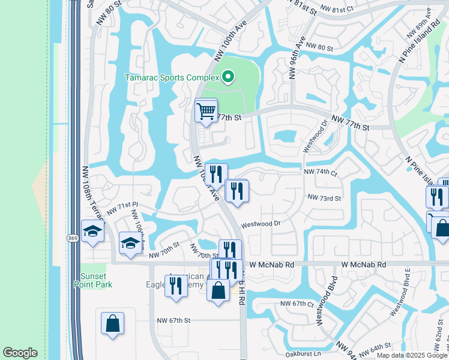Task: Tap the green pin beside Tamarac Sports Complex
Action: (228, 77)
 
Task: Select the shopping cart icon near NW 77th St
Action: (206, 111)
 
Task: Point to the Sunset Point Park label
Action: (97, 281)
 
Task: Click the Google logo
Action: (20, 353)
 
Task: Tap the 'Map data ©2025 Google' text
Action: (412, 355)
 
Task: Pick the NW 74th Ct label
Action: (321, 172)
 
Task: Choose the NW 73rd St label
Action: (324, 197)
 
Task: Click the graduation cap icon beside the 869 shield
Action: (92, 230)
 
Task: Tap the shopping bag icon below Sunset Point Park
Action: (112, 323)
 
